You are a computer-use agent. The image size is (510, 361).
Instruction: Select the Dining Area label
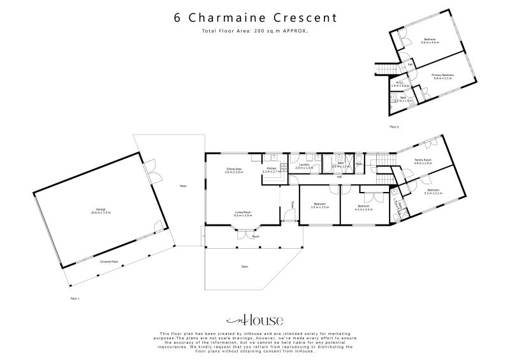234,170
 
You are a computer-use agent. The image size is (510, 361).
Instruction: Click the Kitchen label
272,170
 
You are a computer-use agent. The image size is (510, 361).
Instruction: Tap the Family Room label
423,161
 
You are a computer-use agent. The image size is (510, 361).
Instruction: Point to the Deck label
244,266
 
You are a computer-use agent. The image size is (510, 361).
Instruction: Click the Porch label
255,235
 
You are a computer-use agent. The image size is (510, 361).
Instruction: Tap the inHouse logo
255,320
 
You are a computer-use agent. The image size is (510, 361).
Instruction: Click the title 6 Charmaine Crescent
255,17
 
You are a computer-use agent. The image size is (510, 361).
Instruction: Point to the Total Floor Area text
255,31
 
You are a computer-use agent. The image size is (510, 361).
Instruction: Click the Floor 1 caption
75,298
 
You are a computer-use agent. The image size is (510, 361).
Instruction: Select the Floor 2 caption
394,127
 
